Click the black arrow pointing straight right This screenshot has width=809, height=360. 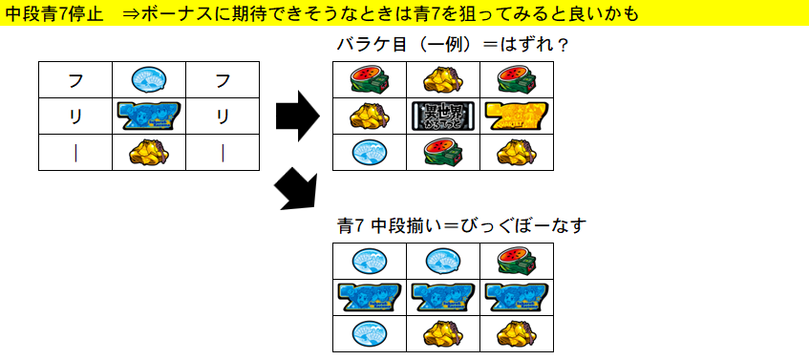point(295,116)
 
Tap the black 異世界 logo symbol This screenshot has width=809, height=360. point(443,116)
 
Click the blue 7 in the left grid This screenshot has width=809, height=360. point(148,116)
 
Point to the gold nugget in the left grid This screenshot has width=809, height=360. point(148,151)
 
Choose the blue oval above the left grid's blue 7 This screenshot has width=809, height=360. point(148,79)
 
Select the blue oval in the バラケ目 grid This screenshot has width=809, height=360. point(369,151)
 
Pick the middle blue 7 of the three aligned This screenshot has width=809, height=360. point(443,297)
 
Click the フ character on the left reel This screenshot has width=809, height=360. point(75,79)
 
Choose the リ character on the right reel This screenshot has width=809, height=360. point(223,116)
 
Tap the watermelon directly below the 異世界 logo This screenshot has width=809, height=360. point(443,151)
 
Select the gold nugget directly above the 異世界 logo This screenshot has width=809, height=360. point(443,79)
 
